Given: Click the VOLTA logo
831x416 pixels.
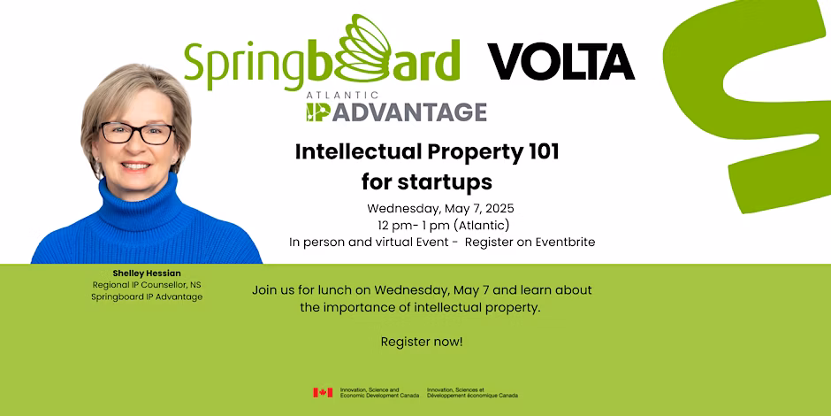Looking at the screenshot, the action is coord(560,62).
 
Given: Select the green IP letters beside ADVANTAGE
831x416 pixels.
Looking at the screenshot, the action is coord(318,112).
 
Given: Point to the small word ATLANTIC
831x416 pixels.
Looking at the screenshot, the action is coord(342,96).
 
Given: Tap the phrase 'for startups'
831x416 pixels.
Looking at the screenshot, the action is coord(427,182).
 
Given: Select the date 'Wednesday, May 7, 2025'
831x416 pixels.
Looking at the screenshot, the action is coord(440,208).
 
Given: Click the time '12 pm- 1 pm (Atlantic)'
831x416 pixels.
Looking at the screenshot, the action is coord(443,225).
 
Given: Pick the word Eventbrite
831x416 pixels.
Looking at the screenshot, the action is coord(565,242).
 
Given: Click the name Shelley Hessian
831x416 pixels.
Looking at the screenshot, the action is coord(147,273).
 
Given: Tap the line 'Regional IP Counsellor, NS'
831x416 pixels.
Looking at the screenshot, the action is coord(147,285).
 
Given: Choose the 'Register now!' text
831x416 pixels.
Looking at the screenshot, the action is coord(422,343).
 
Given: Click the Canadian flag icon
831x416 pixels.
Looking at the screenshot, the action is coord(323,393).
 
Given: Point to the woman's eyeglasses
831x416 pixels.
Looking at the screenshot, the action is coord(137,133).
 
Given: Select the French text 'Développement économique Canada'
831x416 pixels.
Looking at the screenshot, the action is coord(472,396).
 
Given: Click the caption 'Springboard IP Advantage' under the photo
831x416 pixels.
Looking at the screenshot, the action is coord(147,297).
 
